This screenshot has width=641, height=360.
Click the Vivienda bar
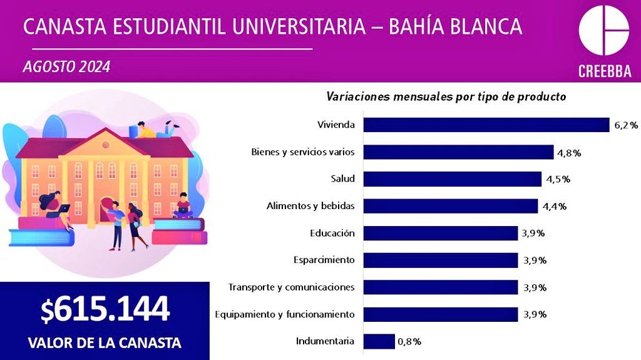click(486, 125)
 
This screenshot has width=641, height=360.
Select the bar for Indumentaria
click(379, 341)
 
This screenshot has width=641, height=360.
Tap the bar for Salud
click(452, 179)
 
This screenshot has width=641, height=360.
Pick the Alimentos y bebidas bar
click(450, 206)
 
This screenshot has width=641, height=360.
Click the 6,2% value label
click(625, 125)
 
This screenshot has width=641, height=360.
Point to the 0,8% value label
click(409, 342)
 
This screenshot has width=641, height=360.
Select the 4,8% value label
click(568, 152)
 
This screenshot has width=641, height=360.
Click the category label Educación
click(332, 233)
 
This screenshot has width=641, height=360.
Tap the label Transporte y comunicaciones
click(291, 287)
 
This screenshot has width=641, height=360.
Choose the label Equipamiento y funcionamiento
click(284, 314)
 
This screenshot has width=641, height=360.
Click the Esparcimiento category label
click(324, 260)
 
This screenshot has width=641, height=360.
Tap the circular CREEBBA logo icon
click(603, 31)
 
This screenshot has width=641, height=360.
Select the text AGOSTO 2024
click(66, 66)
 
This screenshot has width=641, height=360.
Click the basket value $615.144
click(105, 309)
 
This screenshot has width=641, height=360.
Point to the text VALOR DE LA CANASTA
click(105, 343)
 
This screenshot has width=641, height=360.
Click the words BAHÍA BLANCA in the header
click(456, 26)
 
